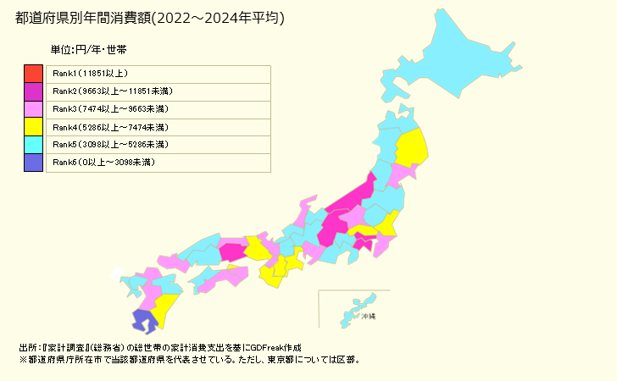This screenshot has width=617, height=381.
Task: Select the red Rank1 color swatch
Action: (x=33, y=73)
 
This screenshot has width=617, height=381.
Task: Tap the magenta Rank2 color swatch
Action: (x=33, y=91)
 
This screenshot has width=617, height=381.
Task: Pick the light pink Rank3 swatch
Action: (x=33, y=108)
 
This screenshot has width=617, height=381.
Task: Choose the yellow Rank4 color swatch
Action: (x=33, y=126)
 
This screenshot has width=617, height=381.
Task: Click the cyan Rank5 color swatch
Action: (x=33, y=144)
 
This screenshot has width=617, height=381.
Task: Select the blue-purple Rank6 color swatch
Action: (x=33, y=162)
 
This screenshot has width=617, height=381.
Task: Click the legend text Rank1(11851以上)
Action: (x=90, y=73)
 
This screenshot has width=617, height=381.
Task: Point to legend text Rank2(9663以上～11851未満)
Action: (x=113, y=91)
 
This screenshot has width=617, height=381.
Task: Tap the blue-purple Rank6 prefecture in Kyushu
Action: (x=144, y=320)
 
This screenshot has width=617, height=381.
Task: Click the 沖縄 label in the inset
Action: (x=367, y=316)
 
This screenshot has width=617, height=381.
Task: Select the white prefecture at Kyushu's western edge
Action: (x=116, y=273)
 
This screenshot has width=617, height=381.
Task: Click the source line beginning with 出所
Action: (x=159, y=348)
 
